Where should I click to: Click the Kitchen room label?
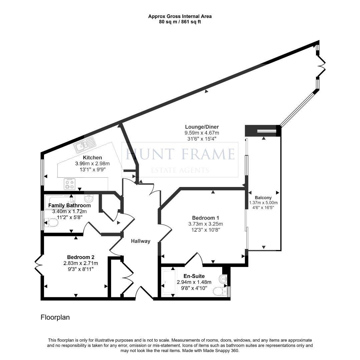[x=92, y=157]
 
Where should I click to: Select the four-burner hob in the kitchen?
[x=69, y=184]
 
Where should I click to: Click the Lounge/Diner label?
[x=202, y=127]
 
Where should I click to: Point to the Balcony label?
[x=263, y=197]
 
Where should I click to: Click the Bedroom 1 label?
[x=206, y=218]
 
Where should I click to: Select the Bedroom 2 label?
[x=80, y=257]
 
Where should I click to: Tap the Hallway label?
[x=140, y=241]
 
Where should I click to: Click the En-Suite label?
[x=194, y=276]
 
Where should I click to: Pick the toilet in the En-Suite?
[x=219, y=291]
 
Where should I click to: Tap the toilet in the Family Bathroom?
[x=51, y=222]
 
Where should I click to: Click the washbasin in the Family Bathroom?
[x=88, y=199]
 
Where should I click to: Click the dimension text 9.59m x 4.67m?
[x=202, y=133]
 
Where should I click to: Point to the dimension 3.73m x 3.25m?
[x=206, y=224]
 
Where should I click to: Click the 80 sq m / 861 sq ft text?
[x=180, y=22]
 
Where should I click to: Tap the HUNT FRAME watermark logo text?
[x=180, y=154]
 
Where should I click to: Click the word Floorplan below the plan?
[x=55, y=317]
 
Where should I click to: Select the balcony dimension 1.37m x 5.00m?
[x=263, y=202]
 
